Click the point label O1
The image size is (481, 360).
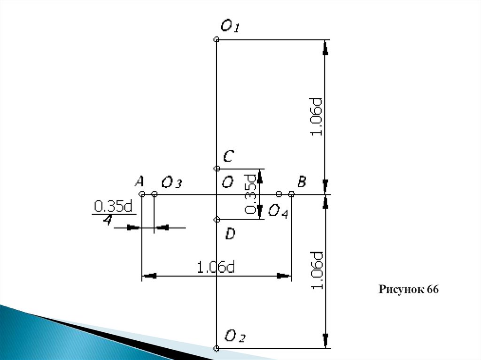(x=230, y=26)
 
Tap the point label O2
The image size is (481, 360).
(x=235, y=336)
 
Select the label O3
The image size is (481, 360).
(x=171, y=182)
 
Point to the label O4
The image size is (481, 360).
(x=278, y=211)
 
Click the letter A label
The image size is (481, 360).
(x=139, y=181)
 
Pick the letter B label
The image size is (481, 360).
(x=302, y=181)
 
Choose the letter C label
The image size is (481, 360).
(x=228, y=155)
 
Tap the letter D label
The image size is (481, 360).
(x=230, y=233)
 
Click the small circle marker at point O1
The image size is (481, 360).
(x=216, y=40)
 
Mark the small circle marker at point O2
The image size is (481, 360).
(x=216, y=348)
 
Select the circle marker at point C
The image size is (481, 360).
(x=217, y=168)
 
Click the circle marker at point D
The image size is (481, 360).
(x=217, y=219)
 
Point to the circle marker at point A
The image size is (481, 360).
(x=141, y=194)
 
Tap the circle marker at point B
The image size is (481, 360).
(x=291, y=194)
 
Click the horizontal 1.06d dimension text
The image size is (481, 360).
(x=216, y=267)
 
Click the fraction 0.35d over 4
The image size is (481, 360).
(x=113, y=213)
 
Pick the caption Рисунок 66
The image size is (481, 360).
(x=409, y=290)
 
